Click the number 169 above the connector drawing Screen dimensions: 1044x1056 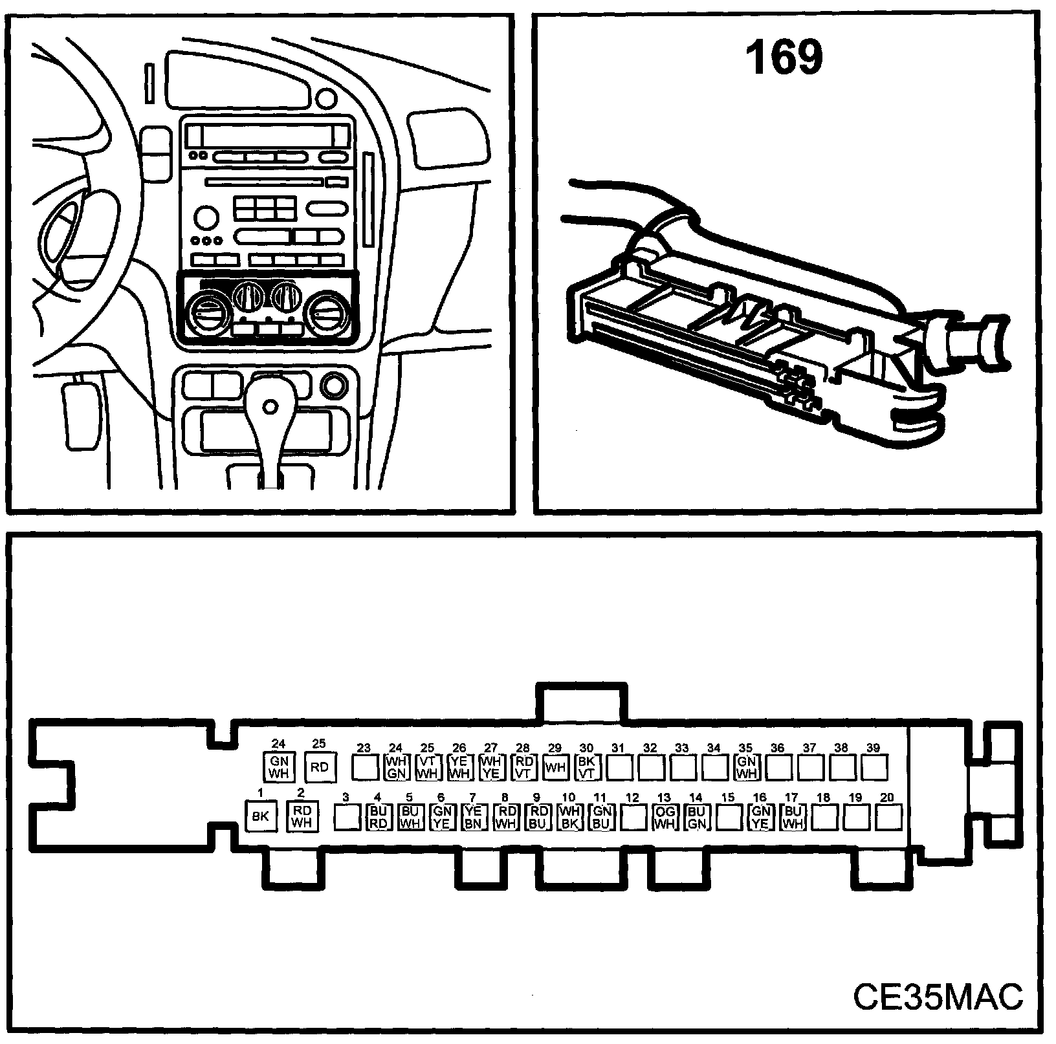coord(784,58)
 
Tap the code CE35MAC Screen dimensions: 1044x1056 coord(938,996)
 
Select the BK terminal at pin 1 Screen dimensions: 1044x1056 coord(260,816)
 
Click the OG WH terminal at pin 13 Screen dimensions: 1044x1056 coord(665,818)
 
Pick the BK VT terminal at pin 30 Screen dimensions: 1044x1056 coord(586,768)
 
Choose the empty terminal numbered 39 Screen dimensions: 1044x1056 coord(874,768)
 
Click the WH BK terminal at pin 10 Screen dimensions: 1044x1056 coord(569,818)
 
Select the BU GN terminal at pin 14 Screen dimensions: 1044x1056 coord(696,818)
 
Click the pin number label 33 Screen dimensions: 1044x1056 coord(681,748)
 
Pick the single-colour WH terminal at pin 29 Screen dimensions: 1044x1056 coord(555,768)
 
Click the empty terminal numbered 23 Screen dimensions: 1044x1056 coord(364,768)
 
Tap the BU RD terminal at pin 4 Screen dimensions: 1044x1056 coord(378,818)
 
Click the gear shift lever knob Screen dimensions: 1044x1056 coord(270,406)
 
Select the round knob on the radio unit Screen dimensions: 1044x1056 coord(206,217)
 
